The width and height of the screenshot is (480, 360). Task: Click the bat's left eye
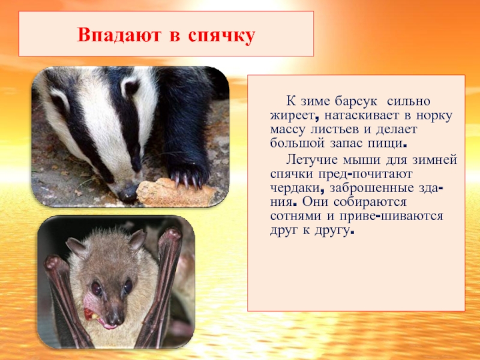(96, 287)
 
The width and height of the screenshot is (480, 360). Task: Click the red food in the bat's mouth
(91, 313)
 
